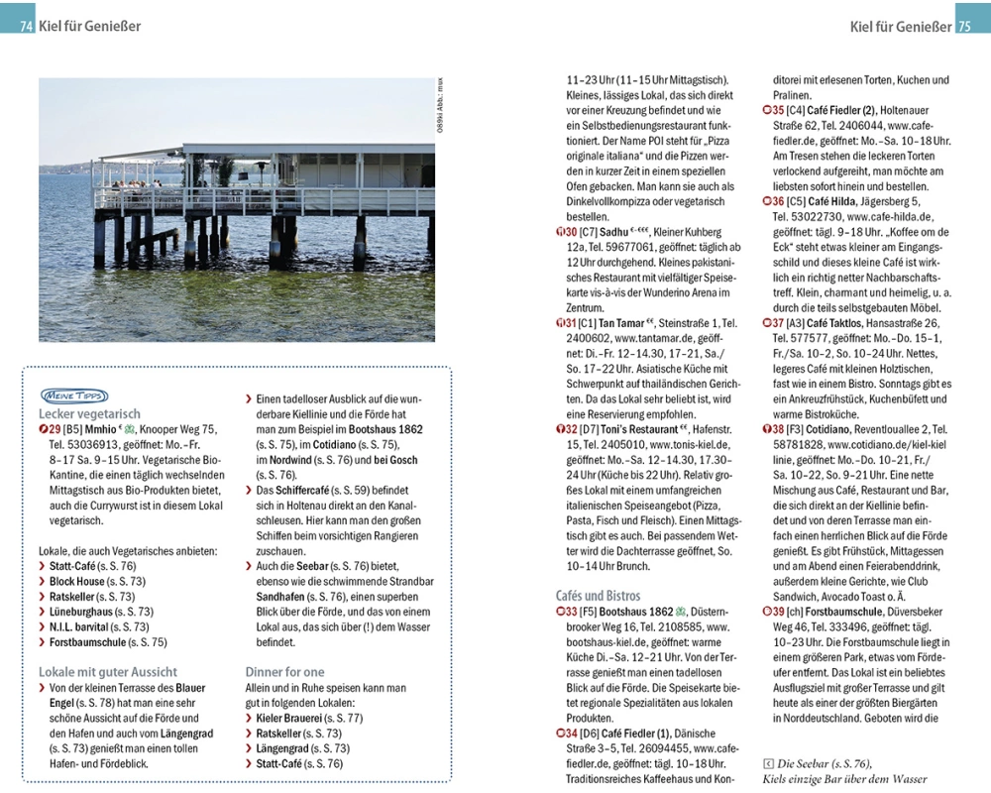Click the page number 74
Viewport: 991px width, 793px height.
click(26, 27)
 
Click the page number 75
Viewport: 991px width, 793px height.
click(965, 27)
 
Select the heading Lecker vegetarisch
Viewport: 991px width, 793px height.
click(89, 413)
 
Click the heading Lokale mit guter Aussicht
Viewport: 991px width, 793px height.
click(108, 671)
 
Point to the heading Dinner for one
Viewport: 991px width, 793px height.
click(284, 671)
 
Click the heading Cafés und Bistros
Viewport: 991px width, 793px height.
click(599, 596)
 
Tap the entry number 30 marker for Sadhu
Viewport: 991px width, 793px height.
click(563, 231)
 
